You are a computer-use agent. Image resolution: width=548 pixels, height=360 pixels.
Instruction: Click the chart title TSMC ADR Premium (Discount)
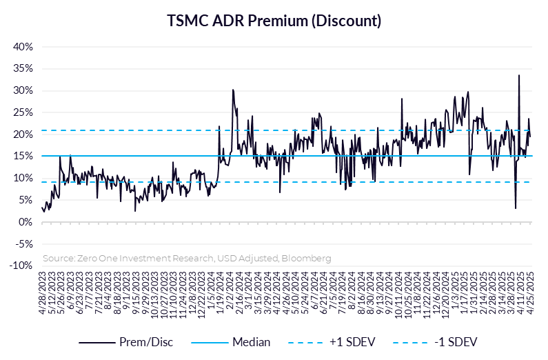point(274,21)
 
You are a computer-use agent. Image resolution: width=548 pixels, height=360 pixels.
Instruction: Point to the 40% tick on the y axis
point(23,47)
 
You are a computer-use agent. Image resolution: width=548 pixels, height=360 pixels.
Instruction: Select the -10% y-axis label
point(21,266)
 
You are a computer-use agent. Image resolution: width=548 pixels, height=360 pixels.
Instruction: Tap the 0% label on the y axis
point(26,222)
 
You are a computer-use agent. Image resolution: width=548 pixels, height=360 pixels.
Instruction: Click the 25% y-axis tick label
point(23,112)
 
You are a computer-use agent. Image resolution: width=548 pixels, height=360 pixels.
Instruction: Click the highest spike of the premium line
point(519,75)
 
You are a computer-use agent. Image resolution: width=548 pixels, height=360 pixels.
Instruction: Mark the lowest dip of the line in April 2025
point(516,208)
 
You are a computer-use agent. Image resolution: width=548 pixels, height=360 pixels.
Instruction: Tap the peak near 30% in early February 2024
point(233,90)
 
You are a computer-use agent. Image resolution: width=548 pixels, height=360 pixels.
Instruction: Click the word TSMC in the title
point(186,21)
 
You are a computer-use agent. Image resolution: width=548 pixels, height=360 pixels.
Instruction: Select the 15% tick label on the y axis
point(23,157)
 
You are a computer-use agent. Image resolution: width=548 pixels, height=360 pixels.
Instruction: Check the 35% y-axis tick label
point(23,69)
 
